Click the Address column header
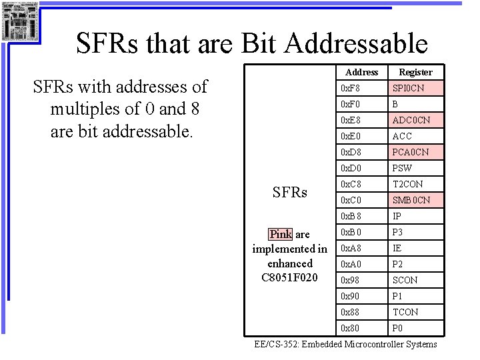pos(362,72)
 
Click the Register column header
pos(415,72)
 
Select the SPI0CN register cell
pos(415,88)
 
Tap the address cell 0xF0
pos(362,104)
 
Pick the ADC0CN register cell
pos(415,120)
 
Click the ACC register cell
pos(415,136)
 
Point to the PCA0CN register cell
pos(415,152)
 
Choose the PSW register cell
pos(415,168)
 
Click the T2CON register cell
pos(415,184)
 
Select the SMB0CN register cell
pos(415,200)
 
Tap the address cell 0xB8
pos(362,216)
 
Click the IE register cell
pos(415,248)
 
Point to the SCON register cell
pos(415,280)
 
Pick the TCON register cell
pos(415,312)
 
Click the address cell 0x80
pos(362,328)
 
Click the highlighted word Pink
pos(280,234)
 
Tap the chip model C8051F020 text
pos(289,277)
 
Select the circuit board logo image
pos(19,21)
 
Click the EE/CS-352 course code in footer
pos(277,344)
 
